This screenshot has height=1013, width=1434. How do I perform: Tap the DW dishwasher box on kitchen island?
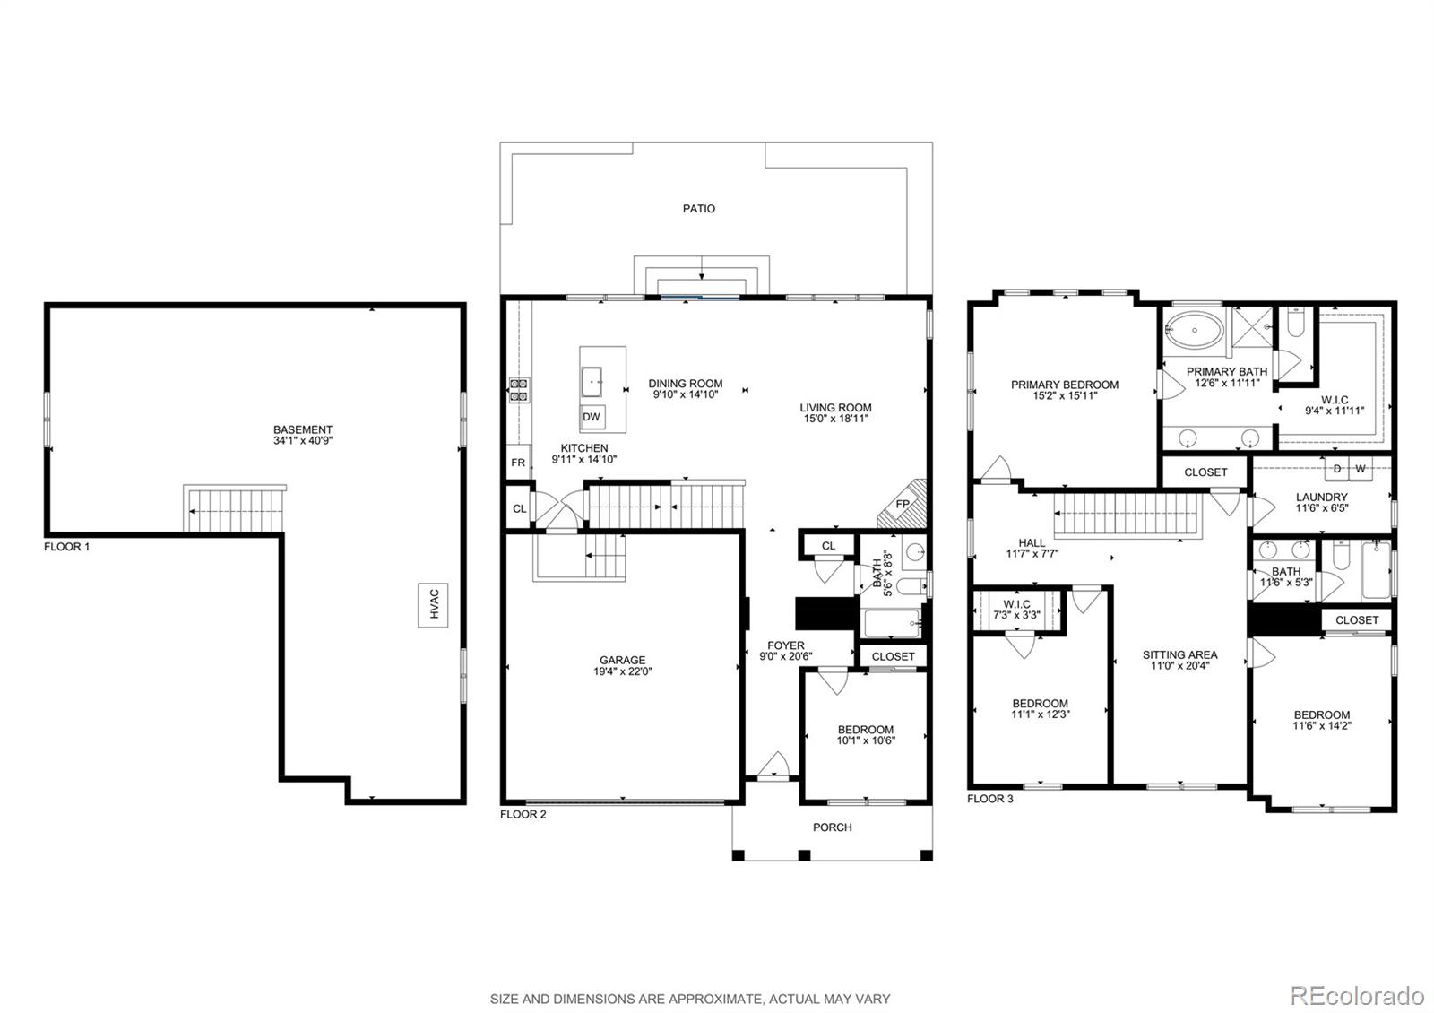coord(592,417)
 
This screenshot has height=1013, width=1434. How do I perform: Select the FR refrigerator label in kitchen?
coord(518,463)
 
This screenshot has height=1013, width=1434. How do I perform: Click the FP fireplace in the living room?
coord(903,505)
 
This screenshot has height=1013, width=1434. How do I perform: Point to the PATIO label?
coord(699,209)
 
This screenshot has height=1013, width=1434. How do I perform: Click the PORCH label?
coord(832,827)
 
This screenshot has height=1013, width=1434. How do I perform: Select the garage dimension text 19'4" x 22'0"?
coord(622,671)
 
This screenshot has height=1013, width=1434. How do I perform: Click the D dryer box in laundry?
coord(1337,469)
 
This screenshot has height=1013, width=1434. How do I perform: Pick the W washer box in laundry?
coord(1361,469)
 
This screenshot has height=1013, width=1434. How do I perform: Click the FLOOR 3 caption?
coord(990,798)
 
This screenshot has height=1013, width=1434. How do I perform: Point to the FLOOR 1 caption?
coord(67,546)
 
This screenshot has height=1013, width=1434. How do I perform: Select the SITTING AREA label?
coord(1179,654)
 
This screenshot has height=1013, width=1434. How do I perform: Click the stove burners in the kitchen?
coord(519,390)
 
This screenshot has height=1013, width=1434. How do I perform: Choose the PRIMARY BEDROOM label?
coord(1065,385)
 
